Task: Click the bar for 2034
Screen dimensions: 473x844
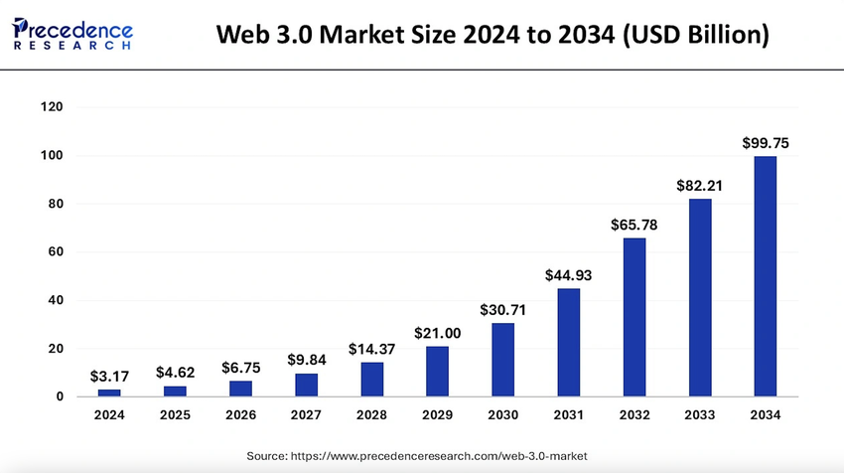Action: click(765, 276)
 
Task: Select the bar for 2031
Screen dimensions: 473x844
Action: click(568, 343)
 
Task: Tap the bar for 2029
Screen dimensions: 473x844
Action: click(437, 372)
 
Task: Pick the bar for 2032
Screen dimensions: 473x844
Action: click(633, 317)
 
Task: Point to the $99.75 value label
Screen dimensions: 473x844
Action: click(765, 143)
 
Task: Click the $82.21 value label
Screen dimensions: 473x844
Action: click(699, 186)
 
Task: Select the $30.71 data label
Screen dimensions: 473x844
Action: click(502, 310)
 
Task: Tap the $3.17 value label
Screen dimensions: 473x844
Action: click(109, 377)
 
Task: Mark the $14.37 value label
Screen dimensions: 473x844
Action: click(371, 350)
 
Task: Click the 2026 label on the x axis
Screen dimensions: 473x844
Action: click(240, 414)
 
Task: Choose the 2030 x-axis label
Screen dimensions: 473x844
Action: click(502, 414)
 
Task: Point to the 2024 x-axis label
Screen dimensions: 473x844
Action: click(109, 414)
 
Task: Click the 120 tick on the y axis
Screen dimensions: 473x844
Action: click(52, 107)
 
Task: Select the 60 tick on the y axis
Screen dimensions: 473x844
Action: click(55, 252)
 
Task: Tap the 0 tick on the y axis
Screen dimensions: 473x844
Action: click(60, 397)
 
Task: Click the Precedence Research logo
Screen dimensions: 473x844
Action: click(71, 33)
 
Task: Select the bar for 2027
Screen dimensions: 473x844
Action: click(306, 386)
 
